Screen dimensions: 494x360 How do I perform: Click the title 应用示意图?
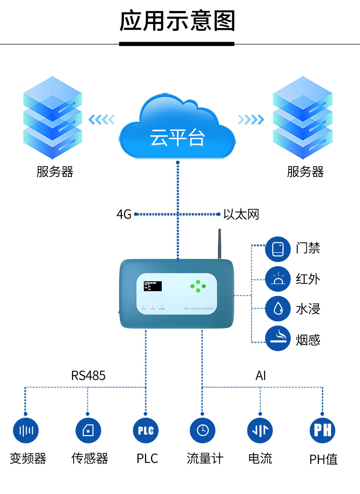[177, 21]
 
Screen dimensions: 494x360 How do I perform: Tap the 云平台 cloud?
[177, 132]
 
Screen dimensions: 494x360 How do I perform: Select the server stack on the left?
[52, 118]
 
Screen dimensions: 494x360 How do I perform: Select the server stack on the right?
[302, 118]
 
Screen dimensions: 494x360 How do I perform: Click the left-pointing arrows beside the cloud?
[101, 120]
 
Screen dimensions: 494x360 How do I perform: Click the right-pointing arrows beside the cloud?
[251, 120]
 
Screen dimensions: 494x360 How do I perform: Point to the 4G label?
[124, 215]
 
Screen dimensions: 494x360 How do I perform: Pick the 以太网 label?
[241, 215]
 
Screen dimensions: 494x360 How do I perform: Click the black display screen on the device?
[152, 286]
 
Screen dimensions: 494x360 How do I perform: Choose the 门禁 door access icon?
[278, 249]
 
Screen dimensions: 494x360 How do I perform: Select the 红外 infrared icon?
[278, 279]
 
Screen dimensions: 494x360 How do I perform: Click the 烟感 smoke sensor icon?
[278, 338]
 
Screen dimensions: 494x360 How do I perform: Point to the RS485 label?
[88, 376]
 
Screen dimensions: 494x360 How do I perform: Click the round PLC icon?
[146, 430]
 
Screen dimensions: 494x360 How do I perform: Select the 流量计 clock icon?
[202, 430]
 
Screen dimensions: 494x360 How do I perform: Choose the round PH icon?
[322, 430]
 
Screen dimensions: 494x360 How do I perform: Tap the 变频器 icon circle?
[26, 430]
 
